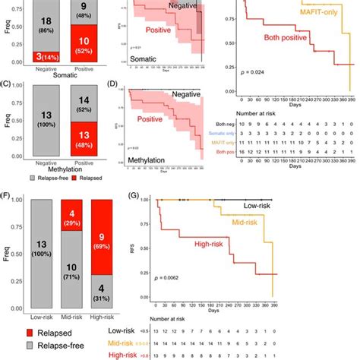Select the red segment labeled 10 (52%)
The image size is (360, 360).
point(87,45)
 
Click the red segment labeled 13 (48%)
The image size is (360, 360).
point(87,134)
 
